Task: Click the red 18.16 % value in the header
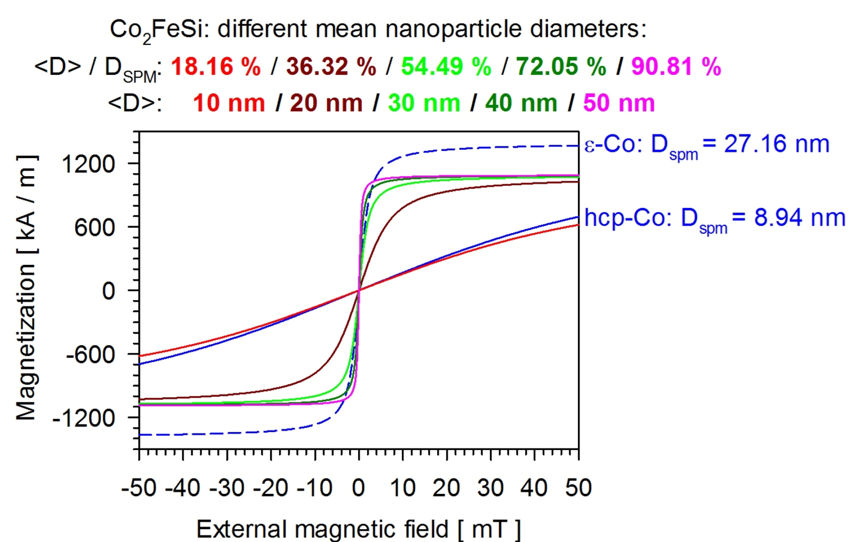click(216, 66)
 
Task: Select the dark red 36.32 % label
click(331, 66)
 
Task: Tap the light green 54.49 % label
click(446, 66)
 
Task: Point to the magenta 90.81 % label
click(676, 66)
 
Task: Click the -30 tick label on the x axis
click(227, 488)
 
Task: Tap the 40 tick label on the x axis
click(534, 488)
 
